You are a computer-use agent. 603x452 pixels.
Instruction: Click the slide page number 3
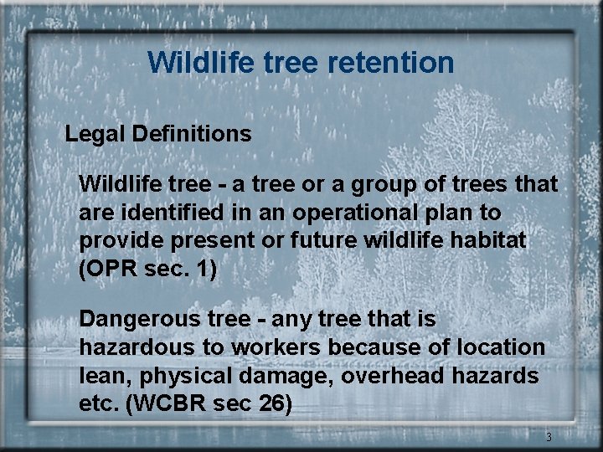(x=549, y=437)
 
